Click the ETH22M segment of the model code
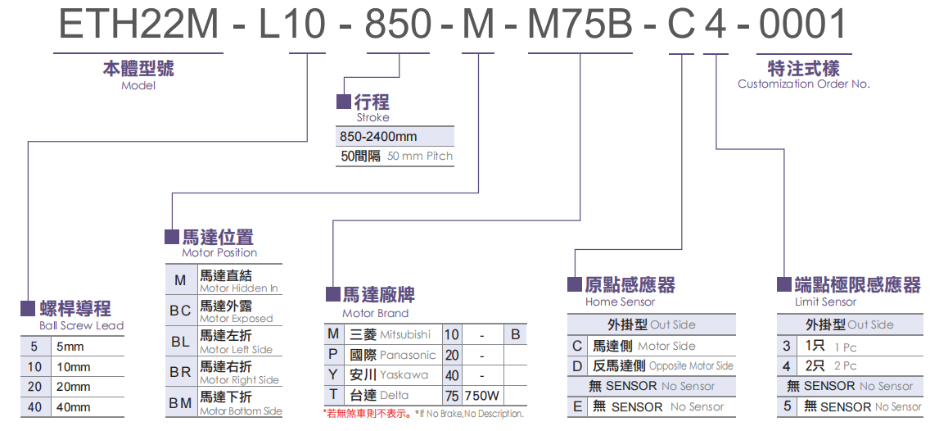(x=138, y=24)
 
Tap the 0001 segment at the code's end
(x=802, y=24)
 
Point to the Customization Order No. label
(x=803, y=84)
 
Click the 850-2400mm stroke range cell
(x=377, y=136)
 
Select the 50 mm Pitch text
(x=419, y=156)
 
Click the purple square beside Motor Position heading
(x=172, y=237)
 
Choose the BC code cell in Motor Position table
(x=180, y=311)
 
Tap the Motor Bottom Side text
(x=241, y=411)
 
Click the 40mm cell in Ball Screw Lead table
(x=74, y=407)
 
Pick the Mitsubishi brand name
(x=405, y=334)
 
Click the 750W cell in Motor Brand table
(x=482, y=396)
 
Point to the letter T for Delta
(x=333, y=395)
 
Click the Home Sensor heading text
(x=620, y=302)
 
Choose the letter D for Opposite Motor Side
(x=578, y=365)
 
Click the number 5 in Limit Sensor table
(x=788, y=406)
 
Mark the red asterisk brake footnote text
(x=368, y=414)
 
